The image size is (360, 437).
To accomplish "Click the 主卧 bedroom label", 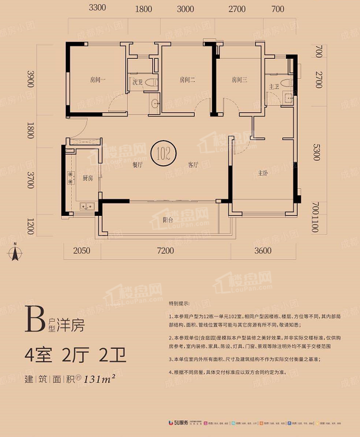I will [x=263, y=173].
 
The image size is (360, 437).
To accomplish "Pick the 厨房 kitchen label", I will [x=88, y=178].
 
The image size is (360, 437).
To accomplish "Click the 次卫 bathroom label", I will [x=137, y=83].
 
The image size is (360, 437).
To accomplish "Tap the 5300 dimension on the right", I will [x=318, y=155].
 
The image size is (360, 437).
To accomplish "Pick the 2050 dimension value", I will [x=81, y=251].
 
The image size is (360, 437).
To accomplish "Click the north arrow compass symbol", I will [x=15, y=255].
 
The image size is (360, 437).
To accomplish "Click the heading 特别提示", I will [x=179, y=304].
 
